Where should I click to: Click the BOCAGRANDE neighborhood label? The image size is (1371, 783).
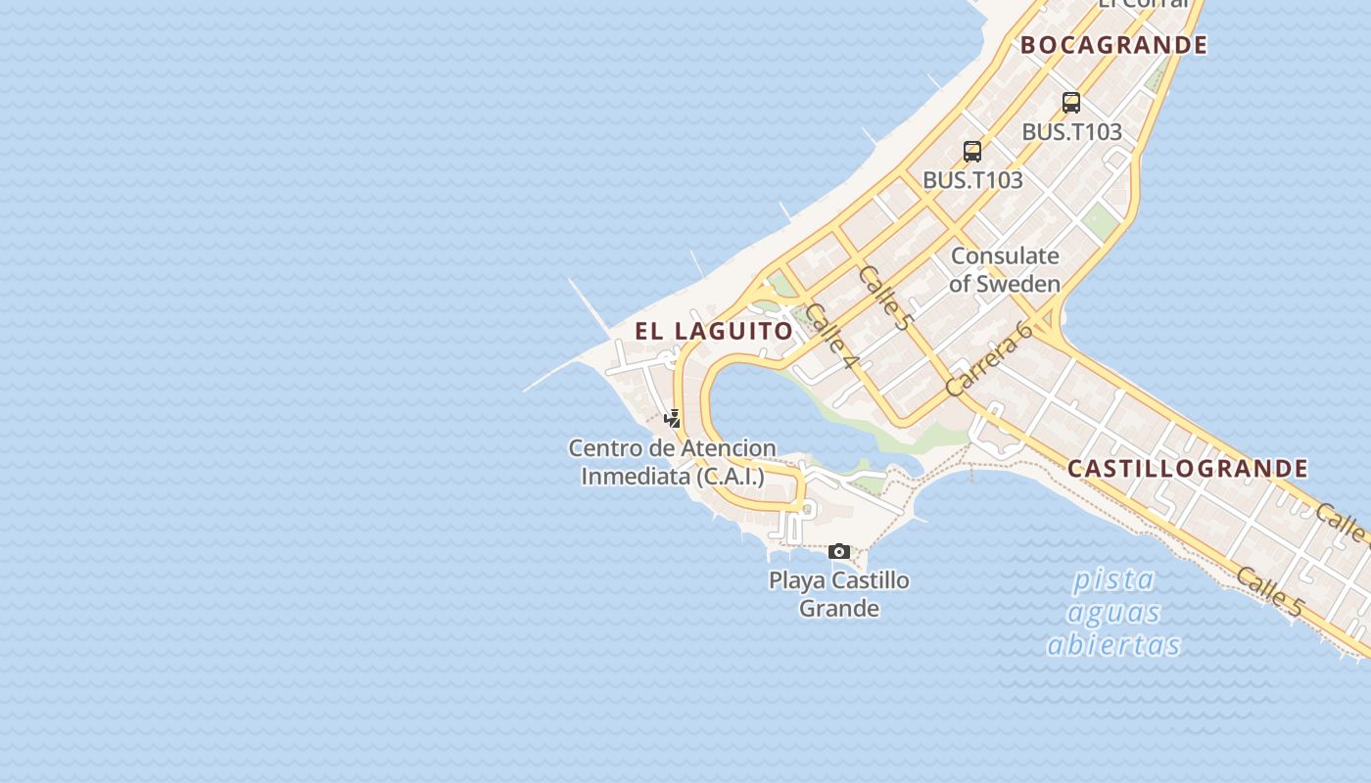(1113, 45)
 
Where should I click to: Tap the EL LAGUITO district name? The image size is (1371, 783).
(714, 331)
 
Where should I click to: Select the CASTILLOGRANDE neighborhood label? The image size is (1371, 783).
(1187, 469)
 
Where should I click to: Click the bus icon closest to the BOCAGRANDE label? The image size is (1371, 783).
(1071, 102)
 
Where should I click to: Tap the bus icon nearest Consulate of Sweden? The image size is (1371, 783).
(972, 151)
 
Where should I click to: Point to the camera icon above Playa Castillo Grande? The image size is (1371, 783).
(839, 552)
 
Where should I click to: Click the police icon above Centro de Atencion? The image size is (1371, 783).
(673, 419)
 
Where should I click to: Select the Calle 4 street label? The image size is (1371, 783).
(832, 339)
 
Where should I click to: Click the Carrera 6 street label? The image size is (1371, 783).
(990, 358)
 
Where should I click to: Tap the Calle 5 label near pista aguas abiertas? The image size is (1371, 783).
(1269, 591)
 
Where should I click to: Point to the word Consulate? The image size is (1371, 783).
(1005, 256)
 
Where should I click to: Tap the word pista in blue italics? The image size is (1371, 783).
(1113, 579)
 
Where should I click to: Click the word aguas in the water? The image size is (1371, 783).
(1113, 613)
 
